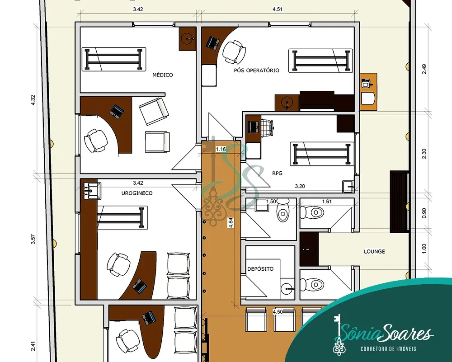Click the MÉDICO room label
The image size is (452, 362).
[163, 75]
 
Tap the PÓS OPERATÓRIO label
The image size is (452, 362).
[257, 71]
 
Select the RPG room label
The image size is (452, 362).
[278, 173]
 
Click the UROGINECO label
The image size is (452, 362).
[137, 193]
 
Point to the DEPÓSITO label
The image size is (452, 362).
[260, 269]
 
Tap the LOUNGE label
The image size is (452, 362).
[374, 252]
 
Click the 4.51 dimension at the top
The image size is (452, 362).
[278, 9]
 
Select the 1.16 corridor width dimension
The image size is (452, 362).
[221, 149]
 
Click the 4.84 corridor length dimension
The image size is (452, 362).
[231, 223]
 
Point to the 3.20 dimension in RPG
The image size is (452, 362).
[300, 186]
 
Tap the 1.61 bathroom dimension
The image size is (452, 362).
[327, 202]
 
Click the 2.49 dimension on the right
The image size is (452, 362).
[424, 69]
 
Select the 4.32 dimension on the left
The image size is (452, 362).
[33, 100]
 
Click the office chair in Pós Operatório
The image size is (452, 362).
[234, 52]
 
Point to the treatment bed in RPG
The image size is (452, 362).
[322, 154]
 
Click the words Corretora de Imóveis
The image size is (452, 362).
[388, 349]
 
